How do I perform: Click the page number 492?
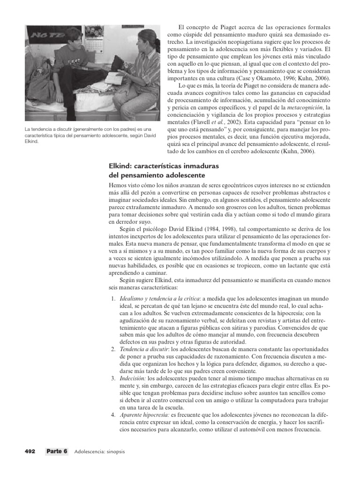[x=30, y=451]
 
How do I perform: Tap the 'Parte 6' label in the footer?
[x=57, y=451]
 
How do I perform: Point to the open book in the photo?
[x=114, y=77]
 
